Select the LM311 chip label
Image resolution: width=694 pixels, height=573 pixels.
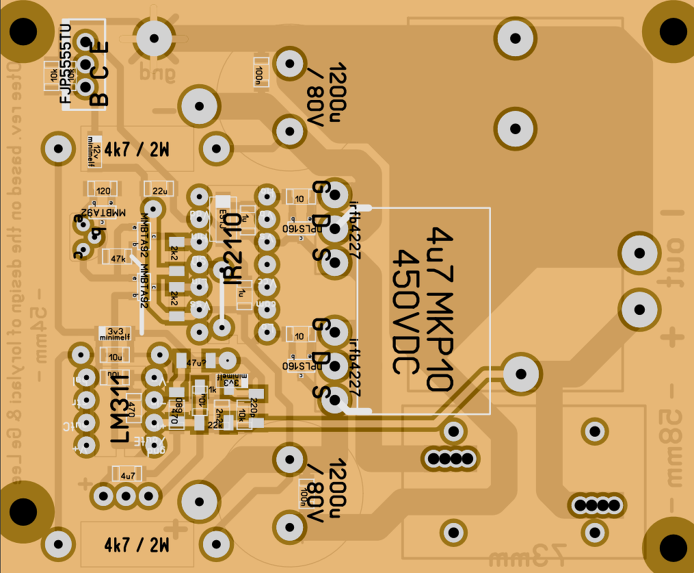pyautogui.click(x=120, y=407)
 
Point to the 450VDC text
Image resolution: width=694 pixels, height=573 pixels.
pyautogui.click(x=407, y=311)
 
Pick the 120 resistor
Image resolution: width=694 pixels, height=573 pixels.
pyautogui.click(x=103, y=191)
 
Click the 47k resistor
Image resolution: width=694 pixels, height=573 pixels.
pyautogui.click(x=117, y=258)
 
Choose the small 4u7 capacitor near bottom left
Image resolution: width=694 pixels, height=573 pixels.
pyautogui.click(x=127, y=474)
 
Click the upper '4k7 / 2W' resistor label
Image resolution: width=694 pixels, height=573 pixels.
pyautogui.click(x=137, y=149)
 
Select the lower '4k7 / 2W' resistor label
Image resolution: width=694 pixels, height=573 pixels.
pyautogui.click(x=137, y=546)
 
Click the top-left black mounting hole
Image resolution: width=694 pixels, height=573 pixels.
pyautogui.click(x=23, y=31)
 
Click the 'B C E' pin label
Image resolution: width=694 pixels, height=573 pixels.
pyautogui.click(x=100, y=75)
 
